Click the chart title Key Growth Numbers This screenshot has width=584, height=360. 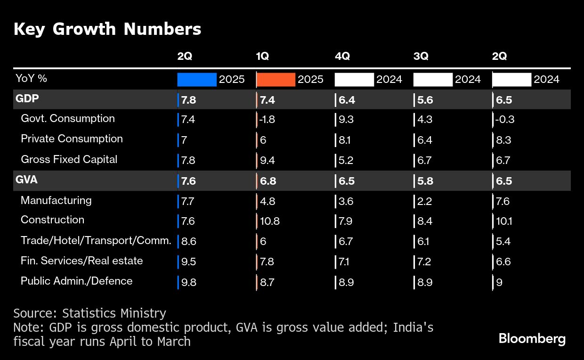(107, 29)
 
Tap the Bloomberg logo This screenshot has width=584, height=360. (532, 339)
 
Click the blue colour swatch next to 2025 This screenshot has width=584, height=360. (197, 80)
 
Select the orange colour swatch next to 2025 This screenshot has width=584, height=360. (276, 80)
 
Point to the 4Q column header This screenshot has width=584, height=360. (342, 56)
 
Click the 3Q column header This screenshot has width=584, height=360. (421, 56)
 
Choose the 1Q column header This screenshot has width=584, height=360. (262, 56)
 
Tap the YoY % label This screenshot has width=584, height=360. (31, 79)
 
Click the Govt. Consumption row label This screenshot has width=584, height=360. (68, 119)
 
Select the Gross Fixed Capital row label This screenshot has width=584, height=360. (69, 160)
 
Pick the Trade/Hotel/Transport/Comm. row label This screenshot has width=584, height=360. (96, 241)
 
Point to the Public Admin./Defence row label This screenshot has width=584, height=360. (77, 281)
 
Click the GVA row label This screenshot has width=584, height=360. (26, 180)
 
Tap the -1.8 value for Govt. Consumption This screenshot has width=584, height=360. (268, 120)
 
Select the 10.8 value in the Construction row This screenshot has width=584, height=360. (269, 221)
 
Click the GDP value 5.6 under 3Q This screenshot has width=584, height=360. (426, 100)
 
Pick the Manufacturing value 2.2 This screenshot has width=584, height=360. (424, 201)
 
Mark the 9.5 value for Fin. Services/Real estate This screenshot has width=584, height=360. (188, 262)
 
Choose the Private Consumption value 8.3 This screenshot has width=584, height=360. (503, 140)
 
